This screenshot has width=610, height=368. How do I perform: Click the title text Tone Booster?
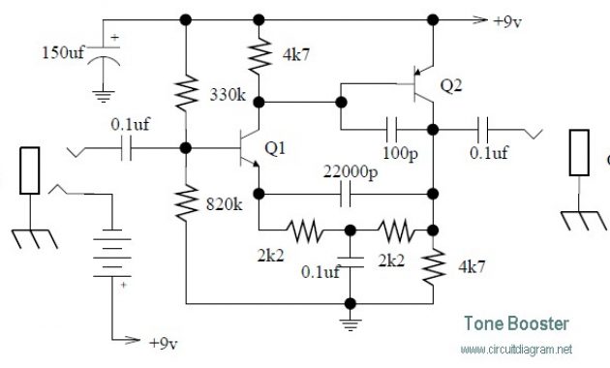pos(515,324)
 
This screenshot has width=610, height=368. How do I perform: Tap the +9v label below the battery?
pos(161,343)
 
